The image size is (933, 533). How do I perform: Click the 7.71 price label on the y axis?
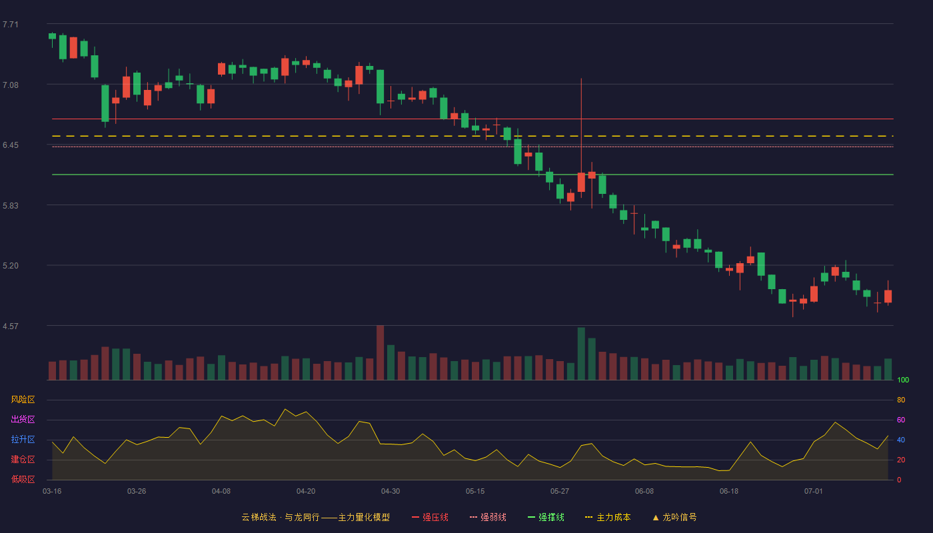click(11, 25)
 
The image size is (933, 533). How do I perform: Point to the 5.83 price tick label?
click(11, 206)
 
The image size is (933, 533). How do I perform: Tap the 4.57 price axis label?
click(11, 326)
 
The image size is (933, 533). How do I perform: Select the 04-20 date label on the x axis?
click(306, 492)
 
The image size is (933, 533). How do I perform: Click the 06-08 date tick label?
click(644, 492)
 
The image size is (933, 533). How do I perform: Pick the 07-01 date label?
click(814, 492)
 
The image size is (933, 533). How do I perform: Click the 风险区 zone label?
click(23, 400)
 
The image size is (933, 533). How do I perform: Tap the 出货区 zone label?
click(23, 419)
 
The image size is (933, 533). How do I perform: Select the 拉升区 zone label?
click(23, 439)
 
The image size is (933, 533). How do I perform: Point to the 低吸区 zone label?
click(23, 479)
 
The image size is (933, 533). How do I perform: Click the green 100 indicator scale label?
click(903, 380)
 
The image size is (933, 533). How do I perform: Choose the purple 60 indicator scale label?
click(901, 420)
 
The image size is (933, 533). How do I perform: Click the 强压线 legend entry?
click(430, 517)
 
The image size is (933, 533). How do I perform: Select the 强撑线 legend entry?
click(546, 517)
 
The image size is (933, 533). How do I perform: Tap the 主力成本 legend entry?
click(608, 517)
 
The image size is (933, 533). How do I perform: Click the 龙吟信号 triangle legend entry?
click(674, 517)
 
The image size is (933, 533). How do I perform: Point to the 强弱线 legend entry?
click(488, 517)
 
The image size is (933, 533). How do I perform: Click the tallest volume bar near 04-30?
click(381, 352)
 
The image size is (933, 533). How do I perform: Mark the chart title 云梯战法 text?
click(259, 517)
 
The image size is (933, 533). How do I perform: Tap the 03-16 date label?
click(52, 492)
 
